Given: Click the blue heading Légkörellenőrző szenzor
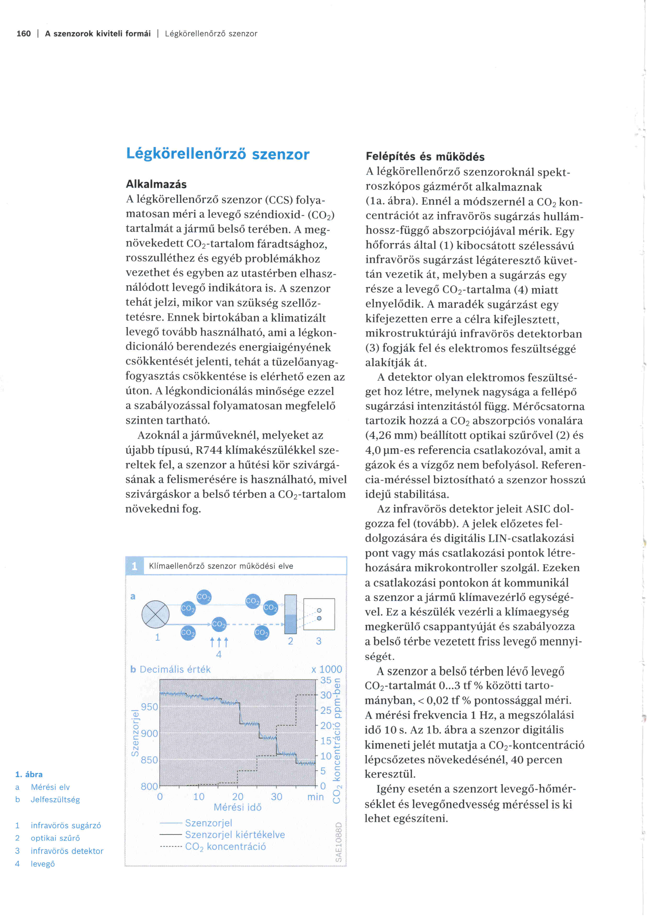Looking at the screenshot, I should pyautogui.click(x=218, y=154).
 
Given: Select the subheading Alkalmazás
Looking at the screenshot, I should pyautogui.click(x=156, y=184).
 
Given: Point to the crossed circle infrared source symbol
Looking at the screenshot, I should pyautogui.click(x=155, y=615).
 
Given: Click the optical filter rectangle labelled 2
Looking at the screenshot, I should pyautogui.click(x=290, y=615).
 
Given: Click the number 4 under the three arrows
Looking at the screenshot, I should pyautogui.click(x=219, y=654).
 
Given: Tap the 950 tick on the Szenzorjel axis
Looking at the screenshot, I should pyautogui.click(x=149, y=707).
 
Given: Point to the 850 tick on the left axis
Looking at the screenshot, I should pyautogui.click(x=149, y=760).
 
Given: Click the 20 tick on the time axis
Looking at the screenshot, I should pyautogui.click(x=238, y=797).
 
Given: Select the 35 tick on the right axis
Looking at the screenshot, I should pyautogui.click(x=326, y=680).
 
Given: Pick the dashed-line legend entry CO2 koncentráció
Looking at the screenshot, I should pyautogui.click(x=225, y=847).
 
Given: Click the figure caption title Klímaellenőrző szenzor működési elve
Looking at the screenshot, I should pyautogui.click(x=221, y=566).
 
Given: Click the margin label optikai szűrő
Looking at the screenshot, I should pyautogui.click(x=55, y=838).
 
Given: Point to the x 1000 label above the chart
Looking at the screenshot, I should pyautogui.click(x=327, y=669).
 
